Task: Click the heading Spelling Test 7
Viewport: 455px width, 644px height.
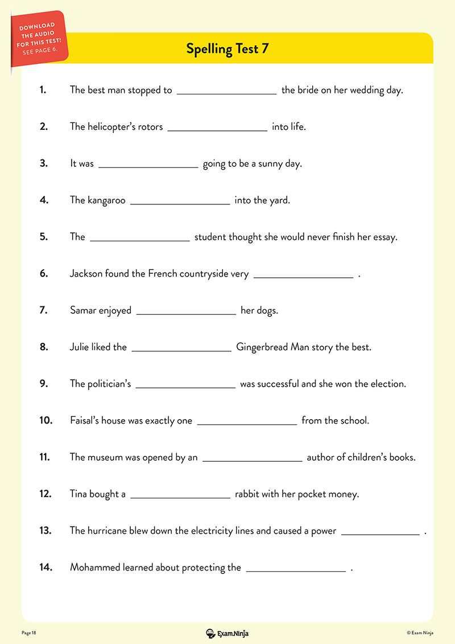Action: [227, 49]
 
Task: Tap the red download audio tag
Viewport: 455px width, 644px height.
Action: [38, 38]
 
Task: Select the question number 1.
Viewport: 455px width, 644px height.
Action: [43, 90]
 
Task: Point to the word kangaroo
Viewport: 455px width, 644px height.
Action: [106, 200]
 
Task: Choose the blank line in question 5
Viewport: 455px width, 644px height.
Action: [140, 240]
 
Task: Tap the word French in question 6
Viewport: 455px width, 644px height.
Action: [163, 274]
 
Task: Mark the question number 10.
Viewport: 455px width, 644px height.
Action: [45, 421]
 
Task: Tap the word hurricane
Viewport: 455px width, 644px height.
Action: [110, 531]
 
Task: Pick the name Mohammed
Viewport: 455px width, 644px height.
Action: [95, 568]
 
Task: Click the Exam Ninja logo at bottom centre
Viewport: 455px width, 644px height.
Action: [227, 633]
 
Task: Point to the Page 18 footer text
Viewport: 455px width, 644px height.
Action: [29, 633]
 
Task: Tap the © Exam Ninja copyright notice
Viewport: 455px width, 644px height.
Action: [420, 633]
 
